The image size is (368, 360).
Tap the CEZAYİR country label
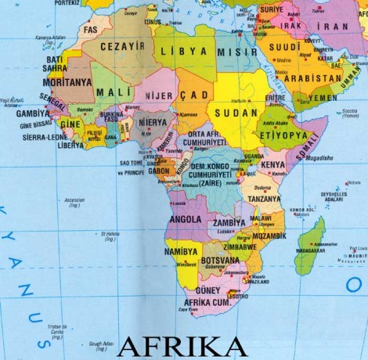pos(119,46)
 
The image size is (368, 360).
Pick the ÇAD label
pos(195,95)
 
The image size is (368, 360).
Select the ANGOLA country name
pos(186,220)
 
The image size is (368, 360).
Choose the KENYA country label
pos(272,165)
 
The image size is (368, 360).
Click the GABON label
pos(158,171)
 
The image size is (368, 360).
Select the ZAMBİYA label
pos(229,222)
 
